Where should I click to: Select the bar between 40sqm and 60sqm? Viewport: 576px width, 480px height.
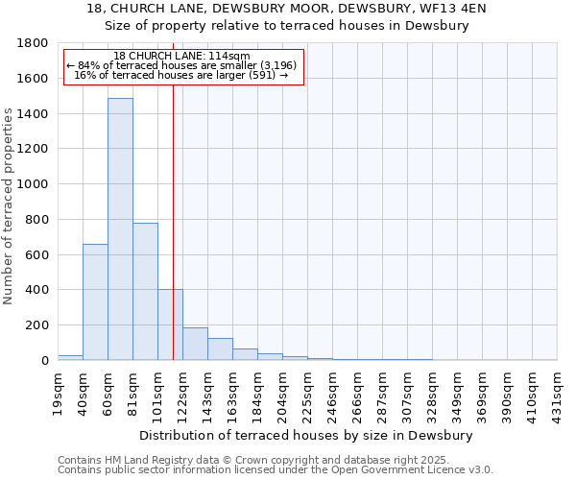95,301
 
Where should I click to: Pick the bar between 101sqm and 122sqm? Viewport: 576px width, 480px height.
170,324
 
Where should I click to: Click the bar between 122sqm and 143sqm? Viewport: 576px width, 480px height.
195,344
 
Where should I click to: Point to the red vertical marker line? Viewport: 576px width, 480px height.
173,240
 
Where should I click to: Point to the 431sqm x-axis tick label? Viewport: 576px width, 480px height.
558,391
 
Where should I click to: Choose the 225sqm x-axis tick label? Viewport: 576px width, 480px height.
308,391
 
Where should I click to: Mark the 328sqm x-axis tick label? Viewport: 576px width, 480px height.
433,391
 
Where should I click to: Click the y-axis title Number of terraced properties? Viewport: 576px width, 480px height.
9,206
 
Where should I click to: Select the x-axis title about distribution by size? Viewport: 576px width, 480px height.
307,435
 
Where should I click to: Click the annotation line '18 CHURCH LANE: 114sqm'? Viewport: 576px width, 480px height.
181,57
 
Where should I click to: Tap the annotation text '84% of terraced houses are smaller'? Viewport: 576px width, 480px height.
181,66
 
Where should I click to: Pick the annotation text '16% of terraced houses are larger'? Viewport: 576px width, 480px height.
181,76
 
